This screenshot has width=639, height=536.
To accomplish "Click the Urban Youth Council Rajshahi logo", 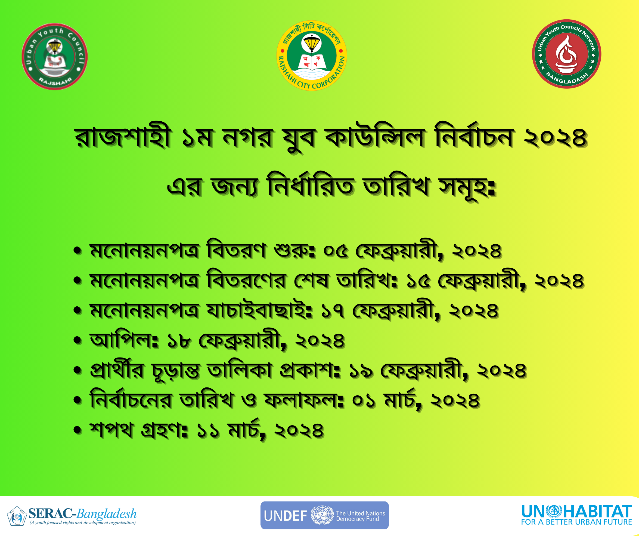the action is click(x=55, y=57).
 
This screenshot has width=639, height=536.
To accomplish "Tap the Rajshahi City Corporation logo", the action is click(x=312, y=56).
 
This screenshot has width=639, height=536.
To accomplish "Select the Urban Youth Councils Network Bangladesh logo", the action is click(x=567, y=54).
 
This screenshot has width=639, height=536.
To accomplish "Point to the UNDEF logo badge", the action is click(x=324, y=515).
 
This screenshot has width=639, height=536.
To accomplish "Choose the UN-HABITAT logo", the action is click(x=576, y=515).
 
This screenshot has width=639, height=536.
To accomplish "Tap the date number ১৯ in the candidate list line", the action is click(x=361, y=371).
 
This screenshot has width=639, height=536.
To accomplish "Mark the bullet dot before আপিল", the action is click(x=78, y=340).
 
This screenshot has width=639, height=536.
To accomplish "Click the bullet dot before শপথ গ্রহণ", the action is click(x=78, y=430).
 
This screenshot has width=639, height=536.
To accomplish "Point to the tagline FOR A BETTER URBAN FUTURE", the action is click(x=576, y=522).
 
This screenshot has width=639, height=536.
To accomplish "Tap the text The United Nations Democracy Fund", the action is click(x=360, y=516).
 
